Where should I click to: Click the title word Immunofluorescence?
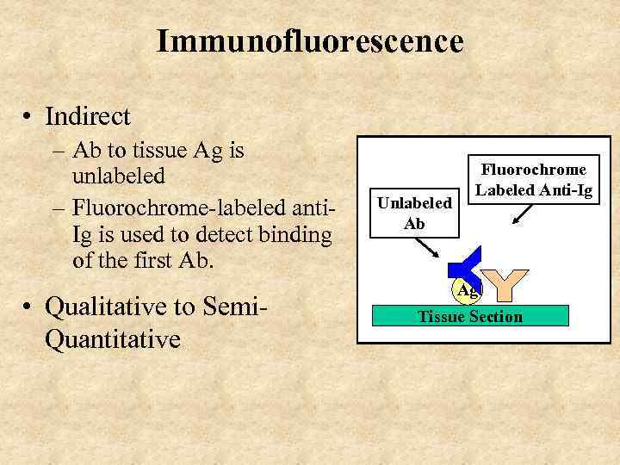point(310,40)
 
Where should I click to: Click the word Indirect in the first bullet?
point(87,116)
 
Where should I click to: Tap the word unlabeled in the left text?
point(119,177)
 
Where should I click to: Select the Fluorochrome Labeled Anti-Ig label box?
point(534,180)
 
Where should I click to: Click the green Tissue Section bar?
point(470,316)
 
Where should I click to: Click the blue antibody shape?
point(465,267)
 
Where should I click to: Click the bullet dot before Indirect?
point(30,117)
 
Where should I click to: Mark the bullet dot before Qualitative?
point(30,307)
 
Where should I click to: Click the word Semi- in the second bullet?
point(235,306)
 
